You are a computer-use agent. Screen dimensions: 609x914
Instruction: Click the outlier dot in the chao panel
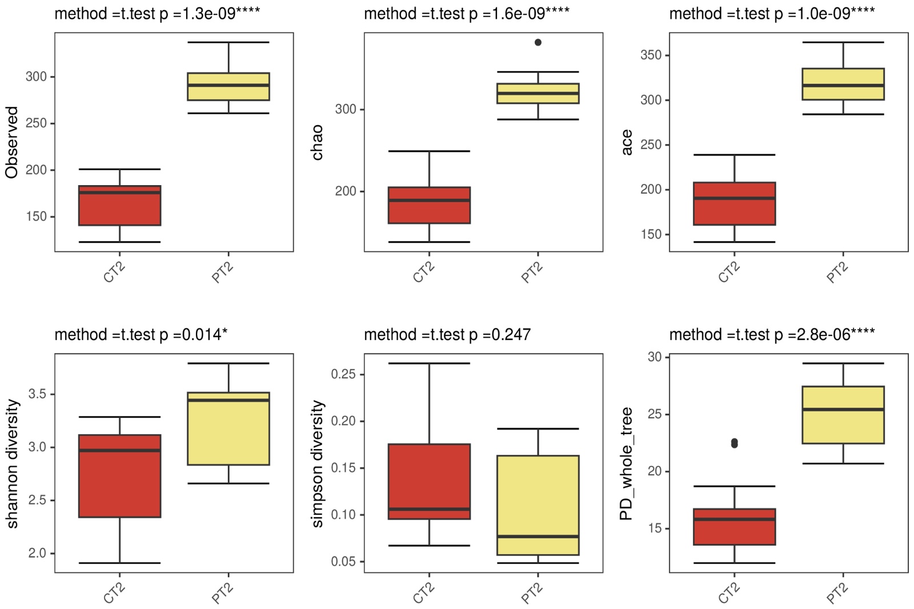pyautogui.click(x=538, y=42)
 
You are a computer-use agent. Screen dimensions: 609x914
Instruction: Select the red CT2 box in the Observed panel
pyautogui.click(x=119, y=206)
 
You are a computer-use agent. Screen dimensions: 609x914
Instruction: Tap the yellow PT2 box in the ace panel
pyautogui.click(x=843, y=84)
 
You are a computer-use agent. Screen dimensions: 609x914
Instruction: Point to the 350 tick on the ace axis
pyautogui.click(x=651, y=55)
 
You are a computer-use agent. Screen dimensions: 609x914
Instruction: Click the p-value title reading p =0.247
pyautogui.click(x=447, y=334)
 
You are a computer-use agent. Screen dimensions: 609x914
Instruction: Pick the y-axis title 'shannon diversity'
pyautogui.click(x=13, y=463)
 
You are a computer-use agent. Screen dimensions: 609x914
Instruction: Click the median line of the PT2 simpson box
pyautogui.click(x=538, y=536)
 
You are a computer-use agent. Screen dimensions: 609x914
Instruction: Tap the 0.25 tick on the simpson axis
pyautogui.click(x=343, y=374)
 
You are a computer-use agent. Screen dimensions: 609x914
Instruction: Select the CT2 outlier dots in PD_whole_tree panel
pyautogui.click(x=734, y=443)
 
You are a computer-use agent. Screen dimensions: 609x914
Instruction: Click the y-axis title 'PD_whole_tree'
pyautogui.click(x=627, y=463)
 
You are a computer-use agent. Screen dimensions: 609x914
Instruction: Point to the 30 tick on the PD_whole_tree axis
pyautogui.click(x=655, y=357)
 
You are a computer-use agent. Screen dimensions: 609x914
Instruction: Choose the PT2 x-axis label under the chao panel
pyautogui.click(x=532, y=273)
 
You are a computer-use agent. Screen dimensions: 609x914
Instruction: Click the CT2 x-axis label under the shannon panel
pyautogui.click(x=114, y=594)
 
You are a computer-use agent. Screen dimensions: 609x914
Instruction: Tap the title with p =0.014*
pyautogui.click(x=141, y=334)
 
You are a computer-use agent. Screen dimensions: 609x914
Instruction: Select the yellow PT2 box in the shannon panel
pyautogui.click(x=228, y=428)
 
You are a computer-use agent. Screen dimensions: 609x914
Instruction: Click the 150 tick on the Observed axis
pyautogui.click(x=36, y=217)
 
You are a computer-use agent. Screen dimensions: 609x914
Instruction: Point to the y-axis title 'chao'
pyautogui.click(x=317, y=142)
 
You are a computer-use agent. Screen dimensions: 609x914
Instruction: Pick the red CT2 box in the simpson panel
pyautogui.click(x=429, y=481)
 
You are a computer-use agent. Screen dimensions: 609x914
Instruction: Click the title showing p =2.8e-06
pyautogui.click(x=772, y=334)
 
